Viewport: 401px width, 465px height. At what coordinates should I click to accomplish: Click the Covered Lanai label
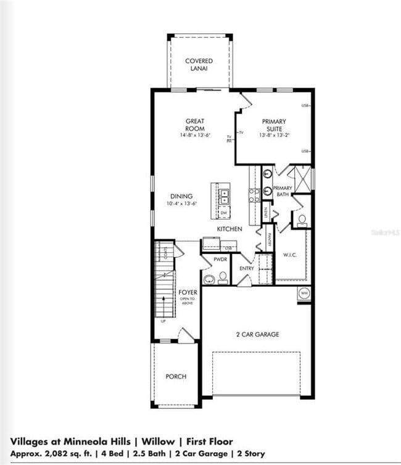coord(199,65)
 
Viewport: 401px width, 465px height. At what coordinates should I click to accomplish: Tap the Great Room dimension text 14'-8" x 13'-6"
coord(195,134)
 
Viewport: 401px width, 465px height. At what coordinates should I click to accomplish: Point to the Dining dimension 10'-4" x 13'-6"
coord(181,204)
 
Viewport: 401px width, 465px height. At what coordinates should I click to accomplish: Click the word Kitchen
coord(229,229)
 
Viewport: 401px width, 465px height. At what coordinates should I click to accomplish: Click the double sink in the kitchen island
coord(225,197)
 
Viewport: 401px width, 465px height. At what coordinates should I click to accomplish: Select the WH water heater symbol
coord(304,294)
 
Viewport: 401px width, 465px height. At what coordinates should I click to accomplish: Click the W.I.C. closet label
coord(291,254)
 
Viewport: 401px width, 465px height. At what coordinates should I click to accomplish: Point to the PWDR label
coord(221,260)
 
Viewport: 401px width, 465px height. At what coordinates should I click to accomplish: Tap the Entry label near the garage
coord(247,268)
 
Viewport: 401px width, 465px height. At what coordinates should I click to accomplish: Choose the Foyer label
coord(188,292)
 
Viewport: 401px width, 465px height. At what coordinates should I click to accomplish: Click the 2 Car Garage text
coord(258,334)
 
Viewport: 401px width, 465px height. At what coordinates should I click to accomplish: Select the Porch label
coord(176,376)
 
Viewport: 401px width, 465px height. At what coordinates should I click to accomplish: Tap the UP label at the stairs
coord(163,321)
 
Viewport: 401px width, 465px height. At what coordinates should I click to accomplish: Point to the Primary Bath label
coord(283,191)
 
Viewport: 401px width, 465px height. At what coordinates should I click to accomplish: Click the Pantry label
coord(270,236)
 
